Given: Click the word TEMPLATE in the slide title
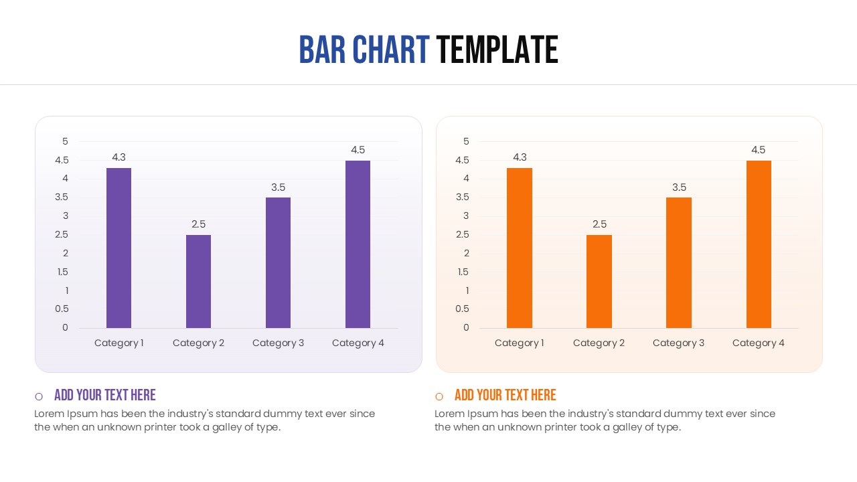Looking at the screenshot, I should pos(497,50).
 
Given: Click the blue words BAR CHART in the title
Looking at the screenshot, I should pos(364,50).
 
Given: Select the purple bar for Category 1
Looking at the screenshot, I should pos(119,248).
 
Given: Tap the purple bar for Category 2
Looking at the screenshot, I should pos(198,281).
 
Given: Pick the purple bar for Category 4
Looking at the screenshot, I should pos(358,244).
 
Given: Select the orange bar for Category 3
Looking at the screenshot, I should pos(678,262).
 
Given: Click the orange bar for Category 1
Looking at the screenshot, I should pos(520,248).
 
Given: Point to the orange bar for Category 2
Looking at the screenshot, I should pos(599,281).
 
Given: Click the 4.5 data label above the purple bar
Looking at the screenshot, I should pos(358,150).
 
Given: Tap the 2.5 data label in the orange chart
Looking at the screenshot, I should pos(599,224).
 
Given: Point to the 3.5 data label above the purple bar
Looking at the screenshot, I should pos(278,187).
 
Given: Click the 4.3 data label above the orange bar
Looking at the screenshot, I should pos(520,157).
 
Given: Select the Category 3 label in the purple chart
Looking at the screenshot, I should pos(278,343).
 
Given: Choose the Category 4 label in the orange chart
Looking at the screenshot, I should pos(758,343).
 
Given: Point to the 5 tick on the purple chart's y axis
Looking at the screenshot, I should pos(65,141).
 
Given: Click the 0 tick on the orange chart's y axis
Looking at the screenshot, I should pos(466,327).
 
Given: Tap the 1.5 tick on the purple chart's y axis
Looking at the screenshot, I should pos(62,272).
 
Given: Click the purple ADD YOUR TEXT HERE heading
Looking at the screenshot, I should pos(105,395).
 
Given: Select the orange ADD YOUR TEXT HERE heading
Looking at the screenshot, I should pos(505,395).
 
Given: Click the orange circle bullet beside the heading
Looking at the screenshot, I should pos(439,396).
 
